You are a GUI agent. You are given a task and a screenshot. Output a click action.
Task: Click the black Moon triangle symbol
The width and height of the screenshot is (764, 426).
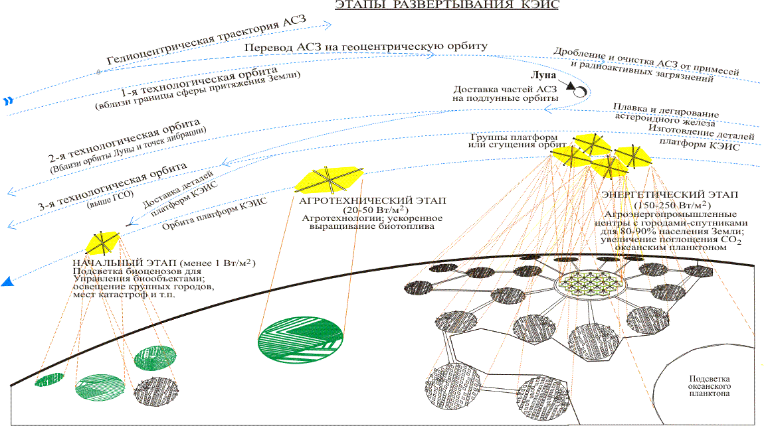pyautogui.click(x=570, y=86)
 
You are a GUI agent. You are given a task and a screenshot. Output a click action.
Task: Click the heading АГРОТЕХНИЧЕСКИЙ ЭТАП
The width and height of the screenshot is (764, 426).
pyautogui.click(x=373, y=200)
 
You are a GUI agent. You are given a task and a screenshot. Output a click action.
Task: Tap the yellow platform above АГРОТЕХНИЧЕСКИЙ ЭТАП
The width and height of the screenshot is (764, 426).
pyautogui.click(x=330, y=177)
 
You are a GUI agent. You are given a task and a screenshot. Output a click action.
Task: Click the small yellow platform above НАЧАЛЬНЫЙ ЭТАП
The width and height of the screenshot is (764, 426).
pyautogui.click(x=102, y=242)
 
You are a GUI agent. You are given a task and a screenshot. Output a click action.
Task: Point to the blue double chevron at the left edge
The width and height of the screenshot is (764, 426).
pyautogui.click(x=8, y=101)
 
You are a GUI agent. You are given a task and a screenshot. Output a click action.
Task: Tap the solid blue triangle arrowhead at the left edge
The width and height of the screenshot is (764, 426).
pyautogui.click(x=7, y=282)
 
